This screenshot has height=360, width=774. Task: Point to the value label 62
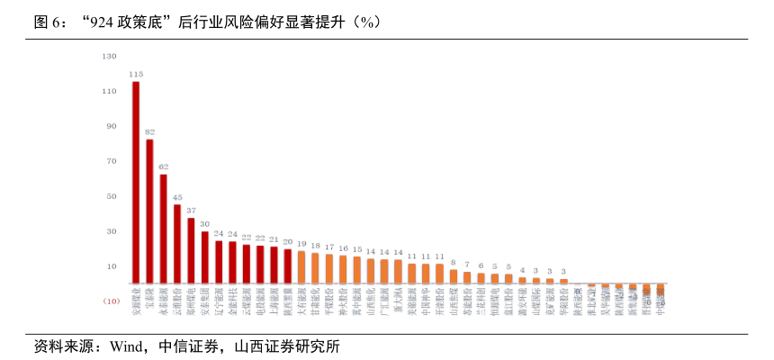pyautogui.click(x=164, y=166)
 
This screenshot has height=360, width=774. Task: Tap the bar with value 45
pyautogui.click(x=177, y=244)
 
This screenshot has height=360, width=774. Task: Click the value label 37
pyautogui.click(x=191, y=210)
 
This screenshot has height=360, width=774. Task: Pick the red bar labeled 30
pyautogui.click(x=205, y=257)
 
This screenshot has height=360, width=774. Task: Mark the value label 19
pyautogui.click(x=301, y=243)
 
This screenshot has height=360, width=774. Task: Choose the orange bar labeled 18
pyautogui.click(x=315, y=268)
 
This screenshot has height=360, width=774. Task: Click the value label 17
pyautogui.click(x=329, y=247)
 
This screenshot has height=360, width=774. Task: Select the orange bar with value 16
pyautogui.click(x=343, y=270)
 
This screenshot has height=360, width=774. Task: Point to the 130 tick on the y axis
pyautogui.click(x=110, y=56)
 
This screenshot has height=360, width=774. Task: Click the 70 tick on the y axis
pyautogui.click(x=112, y=161)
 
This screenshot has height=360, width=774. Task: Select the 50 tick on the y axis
pyautogui.click(x=112, y=196)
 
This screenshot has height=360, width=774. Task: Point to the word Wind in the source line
pyautogui.click(x=128, y=346)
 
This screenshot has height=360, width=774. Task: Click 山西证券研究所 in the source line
pyautogui.click(x=287, y=346)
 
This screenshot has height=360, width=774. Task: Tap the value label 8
pyautogui.click(x=454, y=262)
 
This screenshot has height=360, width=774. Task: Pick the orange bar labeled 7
pyautogui.click(x=467, y=277)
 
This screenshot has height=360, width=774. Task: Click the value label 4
pyautogui.click(x=522, y=269)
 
